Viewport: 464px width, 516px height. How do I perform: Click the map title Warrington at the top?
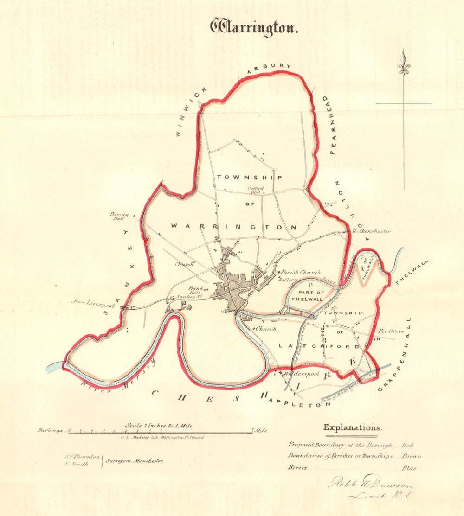253,27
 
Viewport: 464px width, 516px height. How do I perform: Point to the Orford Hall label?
255,190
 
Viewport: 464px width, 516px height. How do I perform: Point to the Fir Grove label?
390,331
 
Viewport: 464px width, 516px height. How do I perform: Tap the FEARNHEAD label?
332,125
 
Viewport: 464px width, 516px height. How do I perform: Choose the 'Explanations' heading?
352,427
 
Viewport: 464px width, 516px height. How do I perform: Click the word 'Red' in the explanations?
408,445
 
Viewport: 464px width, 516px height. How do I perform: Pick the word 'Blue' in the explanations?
410,468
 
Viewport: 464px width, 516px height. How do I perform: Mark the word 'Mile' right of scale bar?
260,431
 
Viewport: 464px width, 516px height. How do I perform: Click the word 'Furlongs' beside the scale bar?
51,431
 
